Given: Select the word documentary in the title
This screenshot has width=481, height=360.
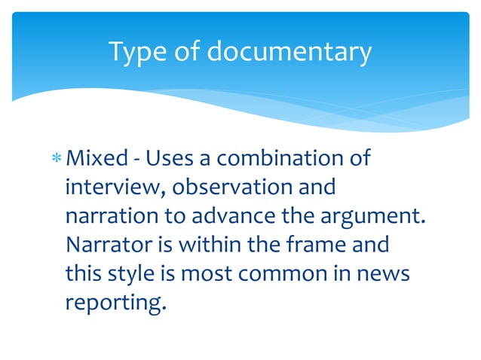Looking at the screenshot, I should point(289,52).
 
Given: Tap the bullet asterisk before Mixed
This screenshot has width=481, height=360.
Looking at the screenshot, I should point(57,160).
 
